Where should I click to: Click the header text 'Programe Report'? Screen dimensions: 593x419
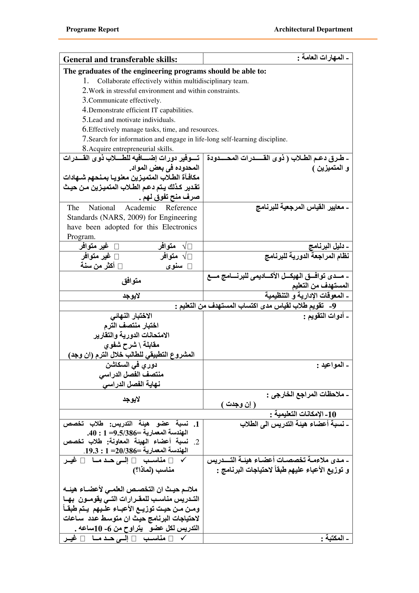(92, 29)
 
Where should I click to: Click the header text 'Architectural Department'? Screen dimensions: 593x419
(313, 29)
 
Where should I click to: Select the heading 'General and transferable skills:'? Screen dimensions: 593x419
(120, 60)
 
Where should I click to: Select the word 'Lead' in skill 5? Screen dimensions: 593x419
(96, 120)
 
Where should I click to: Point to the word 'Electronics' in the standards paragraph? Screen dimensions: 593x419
(179, 227)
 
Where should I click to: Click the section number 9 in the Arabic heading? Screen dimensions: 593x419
(334, 306)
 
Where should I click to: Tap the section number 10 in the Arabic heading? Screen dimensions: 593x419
(332, 415)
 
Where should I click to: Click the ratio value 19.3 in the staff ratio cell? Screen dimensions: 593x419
(92, 451)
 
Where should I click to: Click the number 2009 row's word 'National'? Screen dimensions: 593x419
(102, 208)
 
